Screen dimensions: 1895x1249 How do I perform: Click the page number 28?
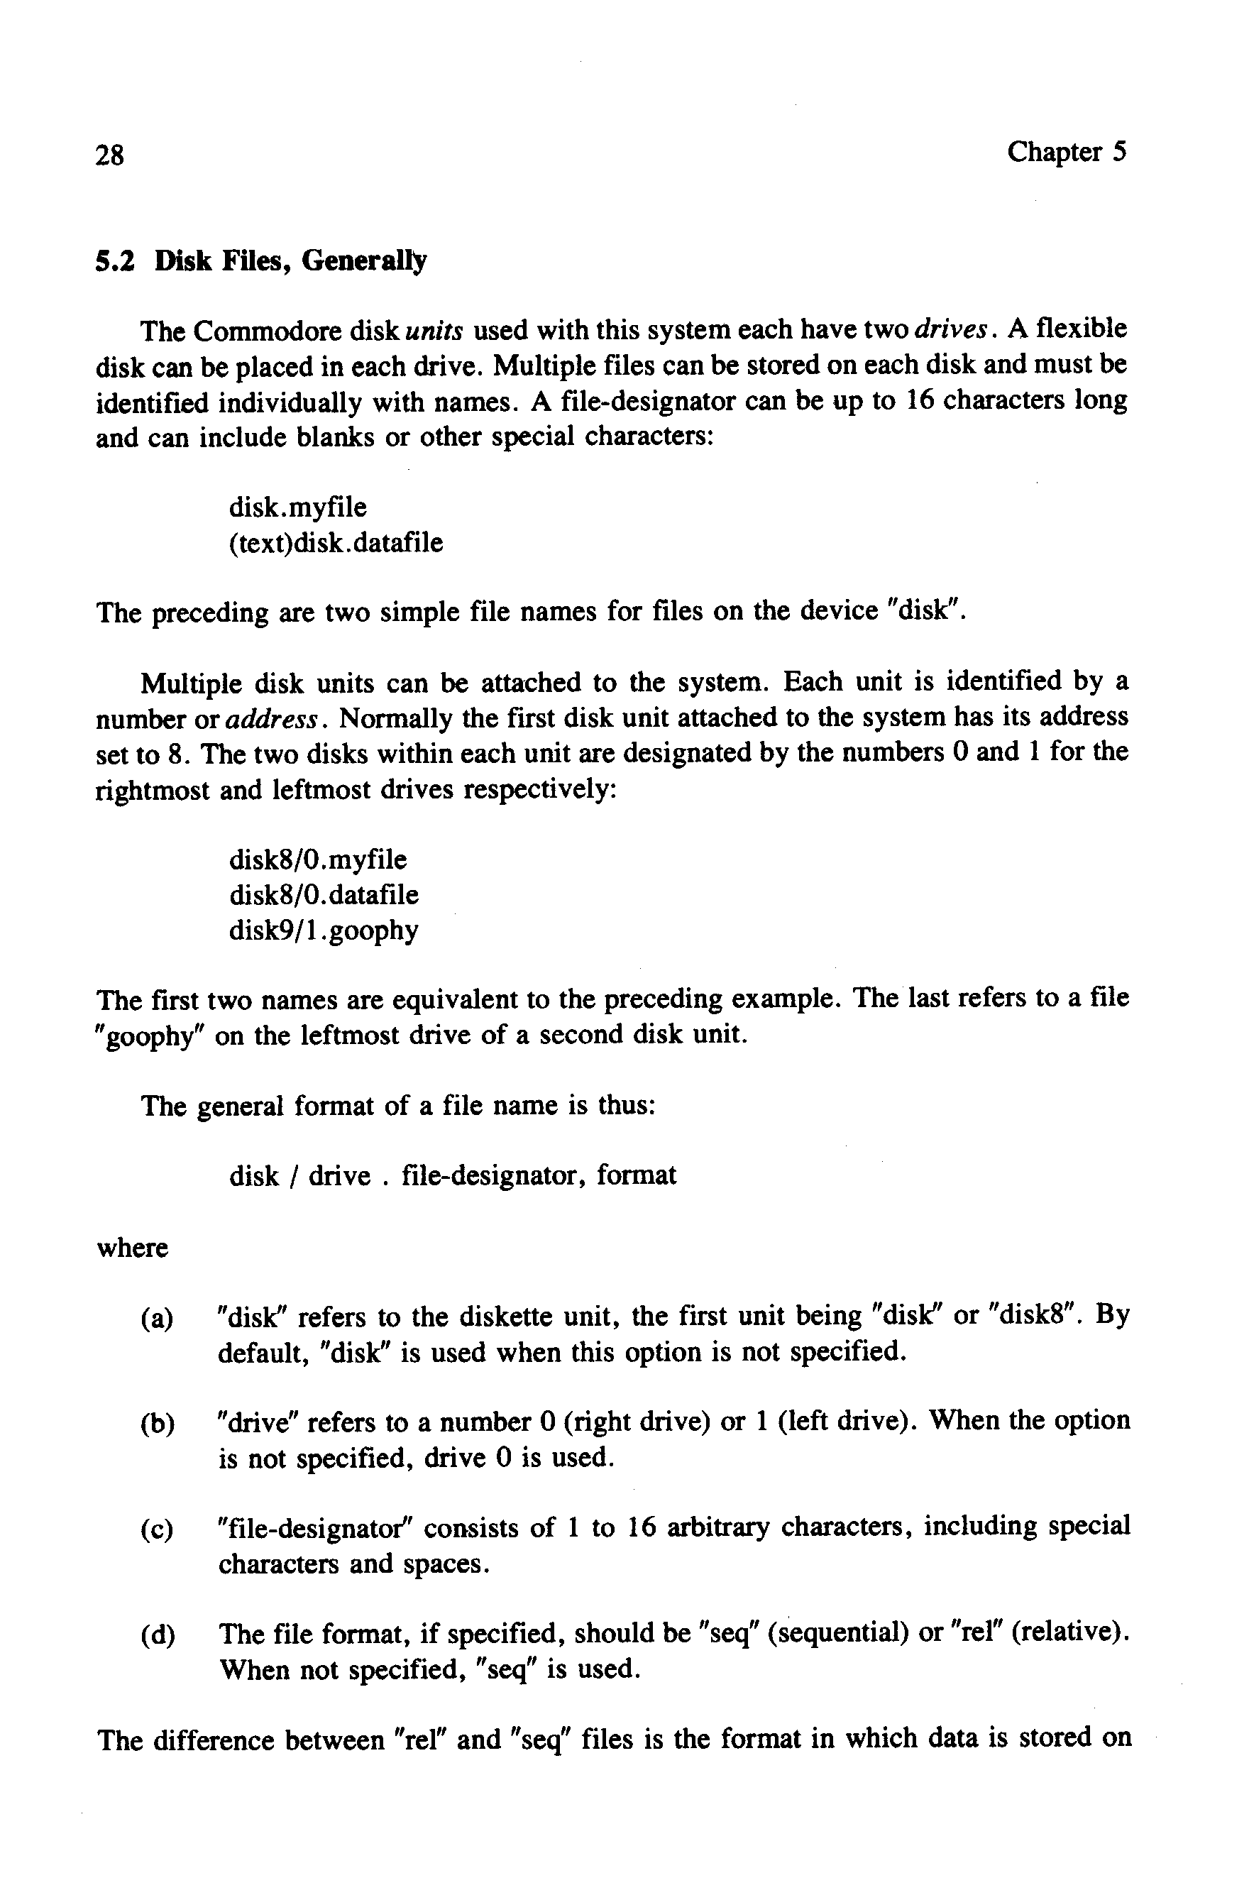109,155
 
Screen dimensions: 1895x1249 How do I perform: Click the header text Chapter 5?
1067,151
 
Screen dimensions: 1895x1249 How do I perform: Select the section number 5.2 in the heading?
112,261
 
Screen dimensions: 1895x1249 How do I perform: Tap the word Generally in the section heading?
364,261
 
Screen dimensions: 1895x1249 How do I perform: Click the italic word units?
434,331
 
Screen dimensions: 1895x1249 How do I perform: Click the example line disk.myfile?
298,507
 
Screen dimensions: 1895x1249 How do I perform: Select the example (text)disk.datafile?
336,543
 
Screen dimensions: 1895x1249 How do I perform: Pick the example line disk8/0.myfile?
318,860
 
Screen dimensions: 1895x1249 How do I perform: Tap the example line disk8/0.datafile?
324,895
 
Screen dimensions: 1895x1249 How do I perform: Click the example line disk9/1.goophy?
324,930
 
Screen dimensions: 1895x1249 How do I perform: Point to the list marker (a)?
157,1319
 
